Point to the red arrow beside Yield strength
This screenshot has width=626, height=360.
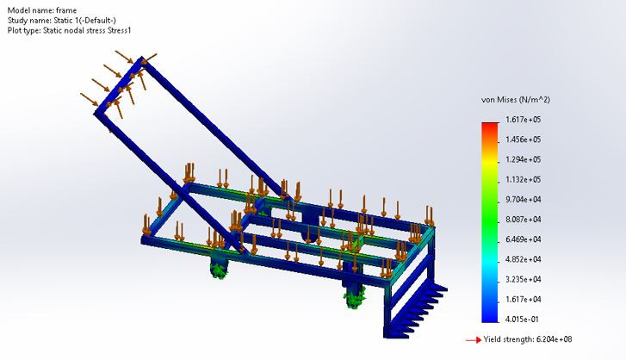click(x=472, y=340)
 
